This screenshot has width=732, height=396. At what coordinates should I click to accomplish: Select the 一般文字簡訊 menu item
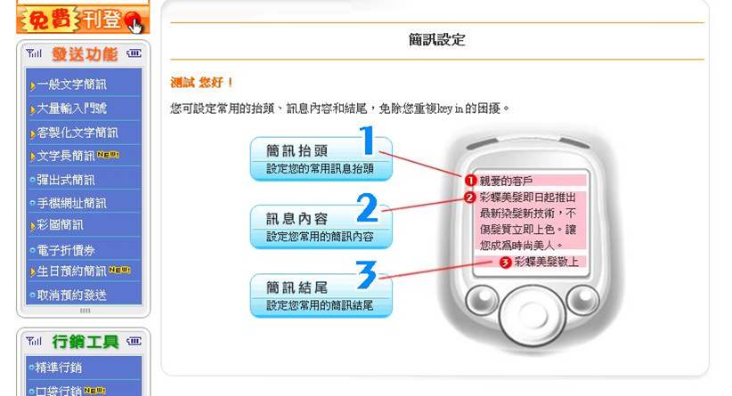click(71, 85)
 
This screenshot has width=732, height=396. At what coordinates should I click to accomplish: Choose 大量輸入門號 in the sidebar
click(71, 109)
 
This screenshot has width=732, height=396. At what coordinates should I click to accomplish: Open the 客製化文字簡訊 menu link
click(77, 133)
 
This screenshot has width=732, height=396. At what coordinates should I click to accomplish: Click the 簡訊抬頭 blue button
click(321, 158)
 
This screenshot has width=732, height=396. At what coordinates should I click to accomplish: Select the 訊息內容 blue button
click(321, 227)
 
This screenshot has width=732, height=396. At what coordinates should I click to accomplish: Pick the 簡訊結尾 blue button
click(321, 295)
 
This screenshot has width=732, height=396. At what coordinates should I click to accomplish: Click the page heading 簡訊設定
click(437, 40)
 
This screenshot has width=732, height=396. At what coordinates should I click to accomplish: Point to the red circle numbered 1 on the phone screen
click(470, 180)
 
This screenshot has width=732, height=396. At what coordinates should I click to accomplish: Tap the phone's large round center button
click(532, 315)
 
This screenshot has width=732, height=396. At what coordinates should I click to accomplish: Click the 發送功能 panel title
click(85, 54)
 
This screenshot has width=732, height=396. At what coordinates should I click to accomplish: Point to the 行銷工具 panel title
click(85, 342)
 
